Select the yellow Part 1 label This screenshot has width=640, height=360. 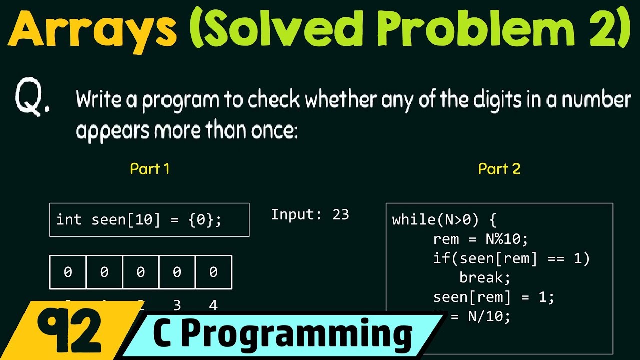[x=149, y=169]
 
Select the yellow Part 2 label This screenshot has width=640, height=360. [x=499, y=169]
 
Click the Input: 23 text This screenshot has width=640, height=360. [x=310, y=215]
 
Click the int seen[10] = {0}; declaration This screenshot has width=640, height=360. [x=139, y=220]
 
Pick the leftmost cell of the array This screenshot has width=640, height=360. [x=68, y=272]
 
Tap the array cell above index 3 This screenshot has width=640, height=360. [x=177, y=272]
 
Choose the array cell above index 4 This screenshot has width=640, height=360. [x=213, y=272]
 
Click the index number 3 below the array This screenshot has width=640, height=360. [x=177, y=305]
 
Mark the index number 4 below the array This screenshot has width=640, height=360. [x=213, y=305]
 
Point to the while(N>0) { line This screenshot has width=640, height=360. [x=444, y=220]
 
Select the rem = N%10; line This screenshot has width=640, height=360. [x=480, y=239]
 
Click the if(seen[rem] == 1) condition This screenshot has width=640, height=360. [x=511, y=259]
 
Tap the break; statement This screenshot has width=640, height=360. [x=484, y=278]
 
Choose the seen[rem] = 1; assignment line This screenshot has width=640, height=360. [x=493, y=297]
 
